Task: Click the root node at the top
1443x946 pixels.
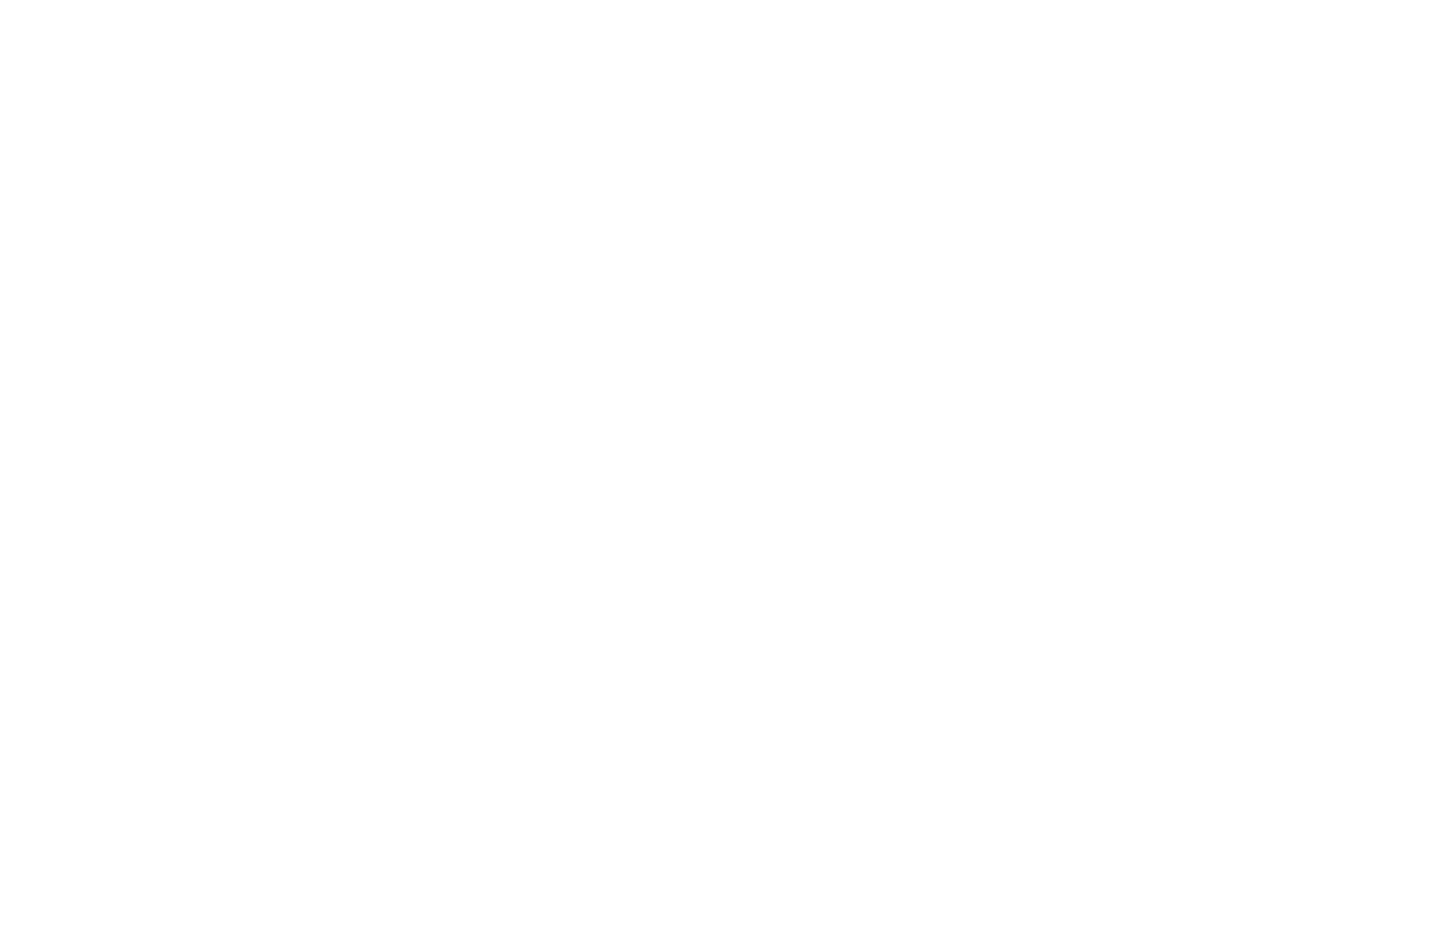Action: pyautogui.click(x=721, y=86)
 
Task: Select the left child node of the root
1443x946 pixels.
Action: pyautogui.click(x=305, y=473)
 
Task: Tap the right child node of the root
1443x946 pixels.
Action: pyautogui.click(x=1137, y=473)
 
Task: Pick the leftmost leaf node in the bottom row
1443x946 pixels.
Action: pyautogui.click(x=86, y=860)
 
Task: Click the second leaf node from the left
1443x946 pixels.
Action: pyautogui.click(x=525, y=860)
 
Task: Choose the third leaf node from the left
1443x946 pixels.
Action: pyautogui.click(x=918, y=860)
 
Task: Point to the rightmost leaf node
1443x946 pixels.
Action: pyautogui.click(x=1357, y=860)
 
